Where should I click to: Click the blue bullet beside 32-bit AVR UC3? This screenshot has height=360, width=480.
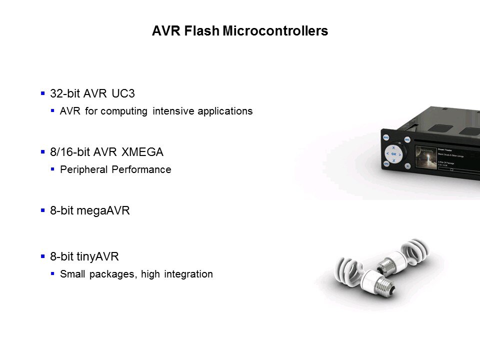pyautogui.click(x=42, y=93)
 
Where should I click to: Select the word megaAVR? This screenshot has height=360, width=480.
pyautogui.click(x=106, y=210)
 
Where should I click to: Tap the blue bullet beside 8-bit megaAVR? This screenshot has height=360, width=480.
pyautogui.click(x=42, y=210)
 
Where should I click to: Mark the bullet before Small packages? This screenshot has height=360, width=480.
pyautogui.click(x=52, y=274)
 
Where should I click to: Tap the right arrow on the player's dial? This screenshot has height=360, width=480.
pyautogui.click(x=402, y=154)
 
